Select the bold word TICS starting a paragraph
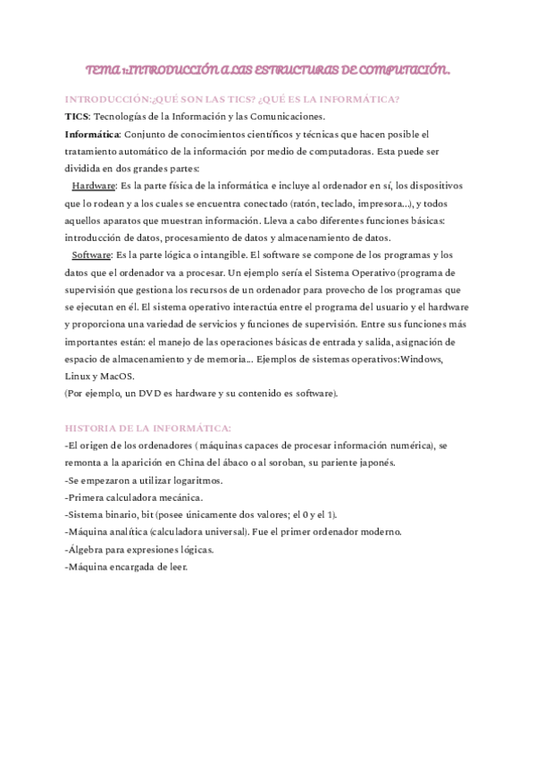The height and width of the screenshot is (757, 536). tap(77, 116)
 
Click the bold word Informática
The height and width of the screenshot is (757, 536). tap(92, 133)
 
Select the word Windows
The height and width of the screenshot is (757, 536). tap(427, 358)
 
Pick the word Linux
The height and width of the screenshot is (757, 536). tap(78, 376)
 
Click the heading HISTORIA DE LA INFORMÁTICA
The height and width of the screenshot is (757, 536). tap(148, 428)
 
